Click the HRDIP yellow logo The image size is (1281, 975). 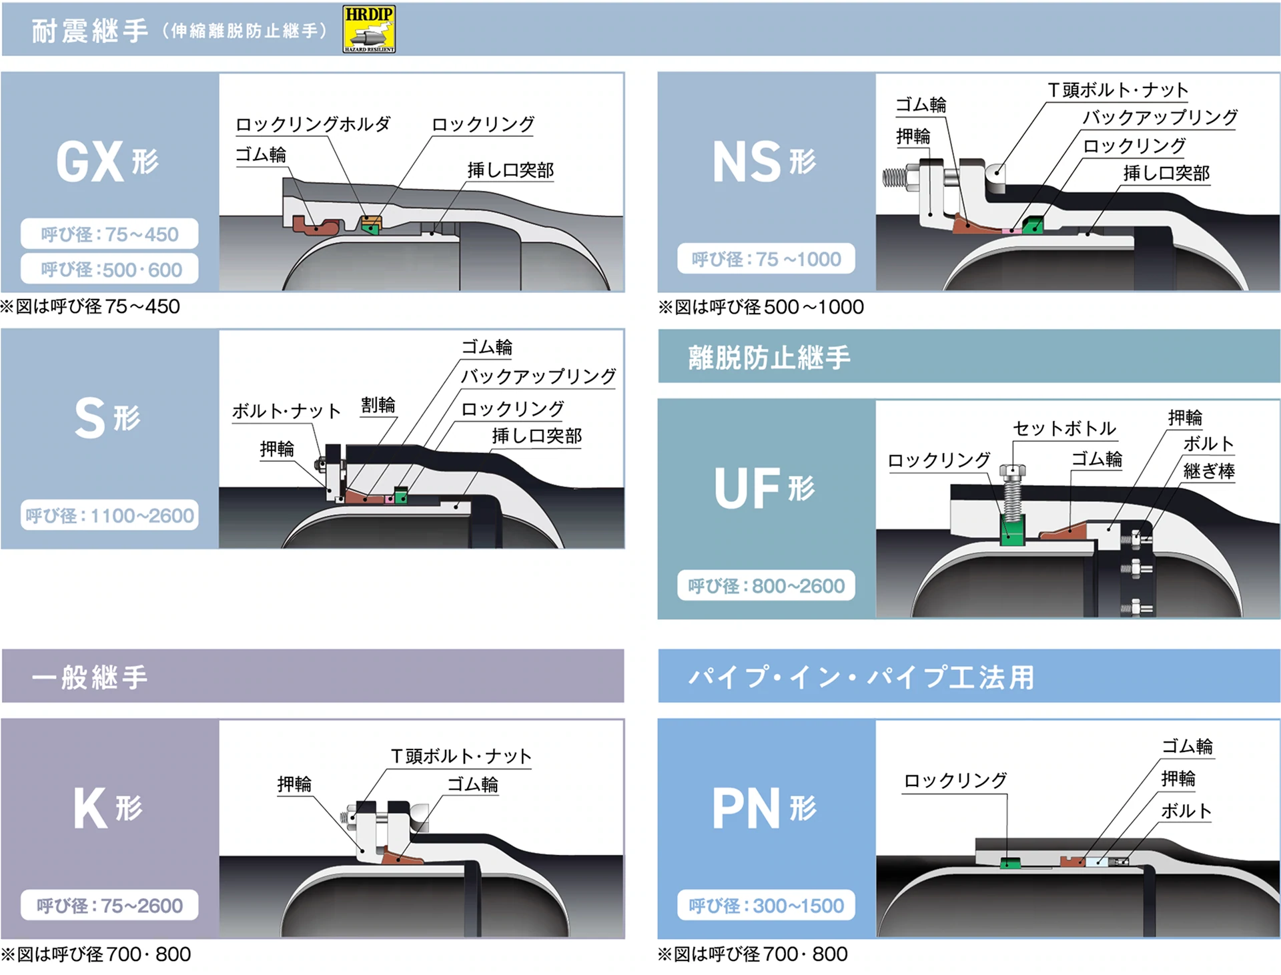pos(369,29)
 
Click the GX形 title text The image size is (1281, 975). pos(107,162)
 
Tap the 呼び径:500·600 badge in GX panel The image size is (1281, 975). pos(110,270)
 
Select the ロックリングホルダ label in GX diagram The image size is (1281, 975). pos(312,124)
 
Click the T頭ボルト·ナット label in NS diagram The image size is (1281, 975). pos(1118,89)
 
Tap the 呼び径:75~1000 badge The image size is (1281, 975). pos(766,259)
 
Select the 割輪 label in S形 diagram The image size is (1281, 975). pos(378,405)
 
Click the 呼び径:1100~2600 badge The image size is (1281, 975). pos(110,515)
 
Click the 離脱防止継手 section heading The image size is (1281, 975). pos(769,358)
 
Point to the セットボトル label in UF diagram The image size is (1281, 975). pos(1064,428)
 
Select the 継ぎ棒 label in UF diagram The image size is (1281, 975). pos(1208,471)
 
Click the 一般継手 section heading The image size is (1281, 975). pos(90,677)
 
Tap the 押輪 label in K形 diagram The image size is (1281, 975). pos(294,784)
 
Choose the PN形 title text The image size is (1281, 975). pos(763,809)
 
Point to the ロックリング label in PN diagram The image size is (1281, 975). pos(955,780)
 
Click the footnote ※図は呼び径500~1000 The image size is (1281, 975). pos(761,307)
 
